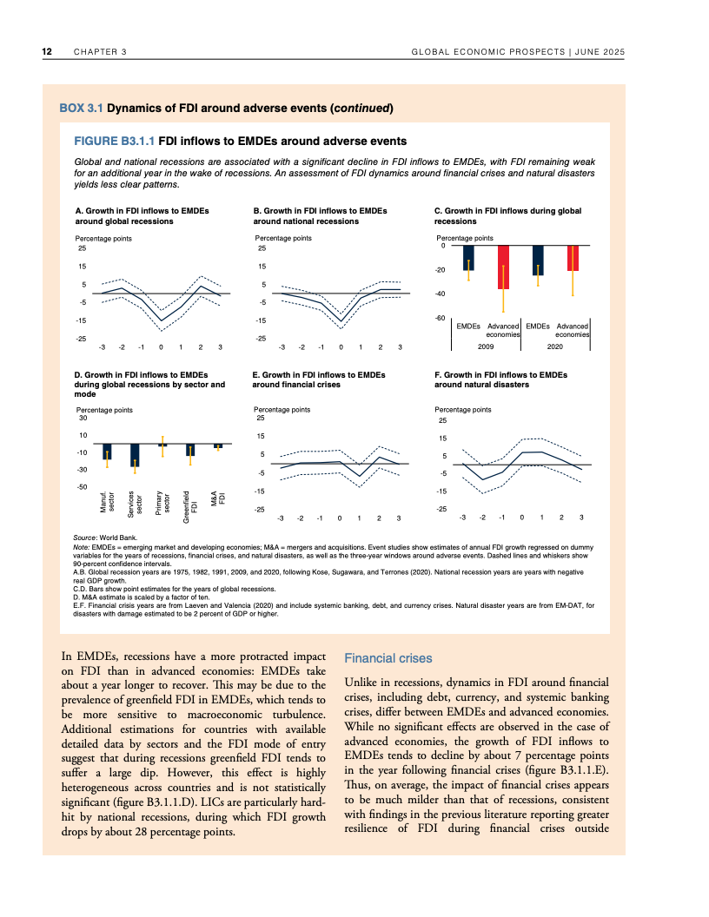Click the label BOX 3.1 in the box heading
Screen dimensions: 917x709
click(x=81, y=109)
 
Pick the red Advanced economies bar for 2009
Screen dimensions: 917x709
click(x=503, y=267)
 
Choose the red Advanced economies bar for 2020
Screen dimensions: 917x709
click(x=573, y=259)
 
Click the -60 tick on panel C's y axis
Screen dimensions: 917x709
click(x=440, y=319)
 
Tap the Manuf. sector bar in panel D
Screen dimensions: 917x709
click(x=107, y=452)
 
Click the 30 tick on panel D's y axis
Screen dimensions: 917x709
click(x=83, y=418)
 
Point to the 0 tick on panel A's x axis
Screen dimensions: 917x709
click(x=161, y=347)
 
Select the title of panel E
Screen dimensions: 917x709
click(x=308, y=379)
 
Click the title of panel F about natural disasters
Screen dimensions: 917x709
click(x=500, y=379)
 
